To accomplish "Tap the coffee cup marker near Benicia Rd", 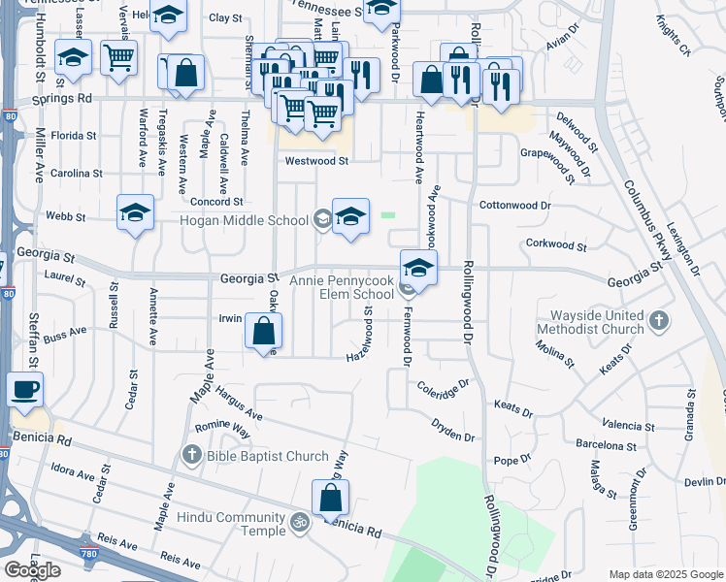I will (25, 390).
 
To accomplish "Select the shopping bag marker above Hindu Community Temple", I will (331, 498).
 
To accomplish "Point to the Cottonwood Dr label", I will (515, 206).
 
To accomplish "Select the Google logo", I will (32, 569).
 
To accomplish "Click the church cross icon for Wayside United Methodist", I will (659, 320).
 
